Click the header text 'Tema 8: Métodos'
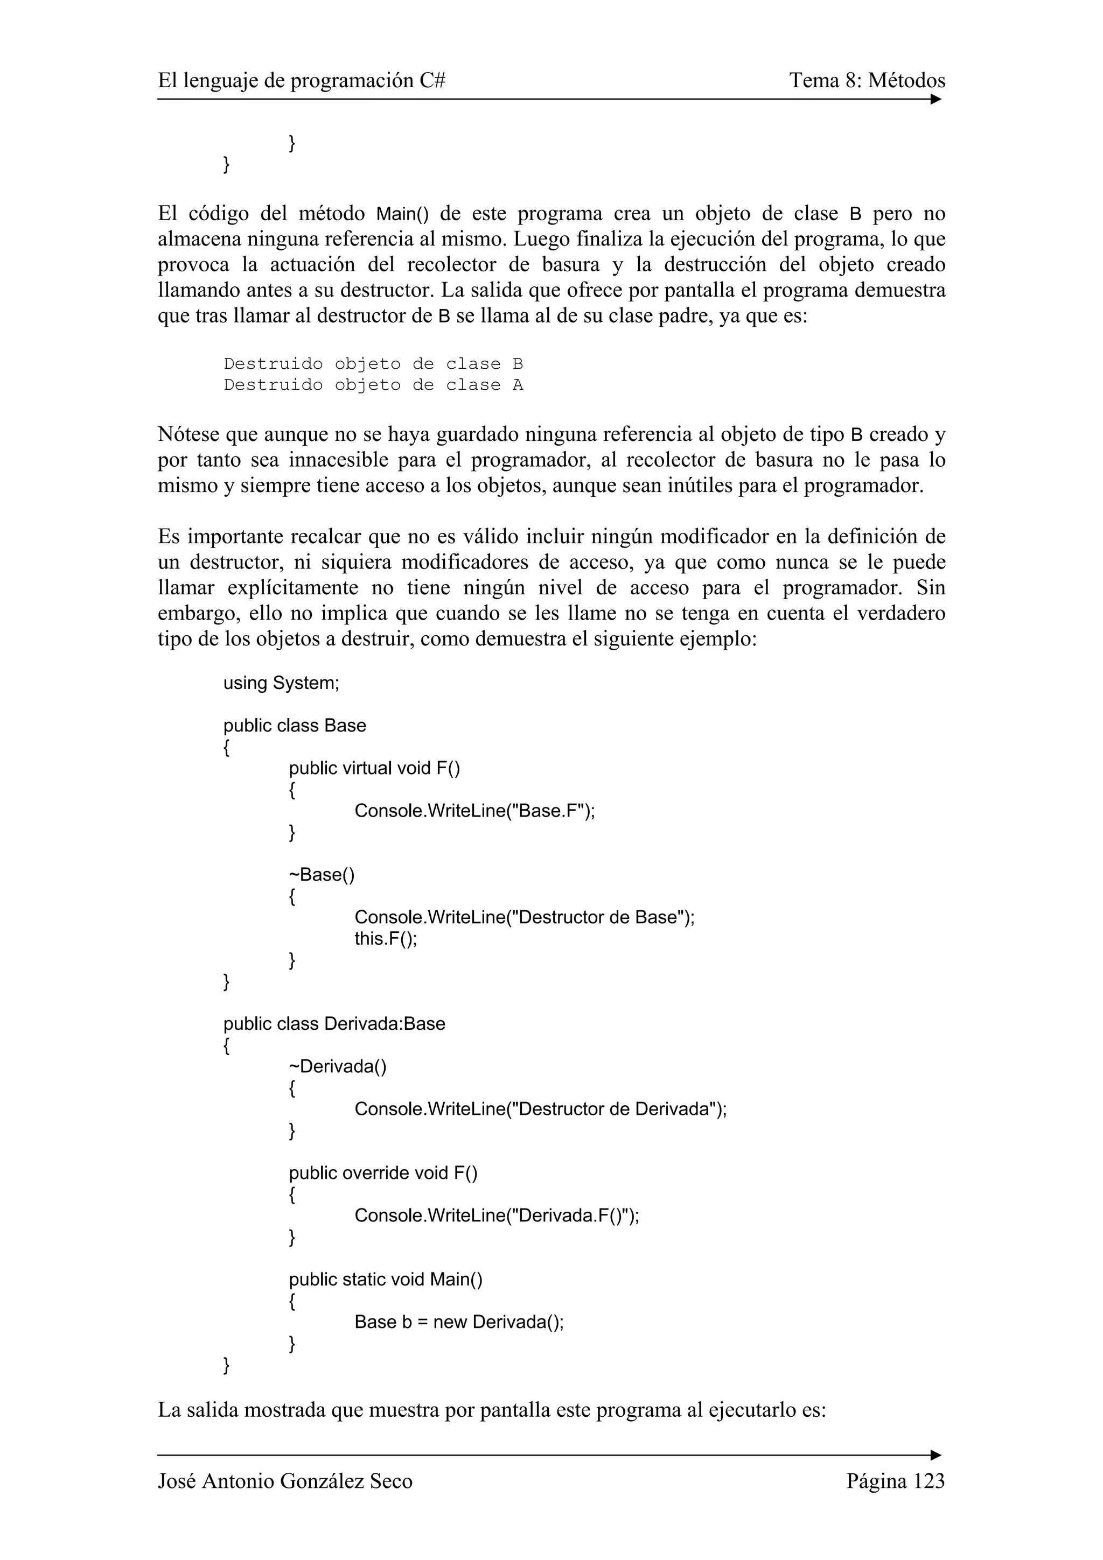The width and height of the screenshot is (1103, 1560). [x=867, y=81]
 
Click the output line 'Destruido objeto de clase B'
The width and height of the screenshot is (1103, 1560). [x=373, y=364]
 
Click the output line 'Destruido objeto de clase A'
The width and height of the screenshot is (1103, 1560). [x=373, y=385]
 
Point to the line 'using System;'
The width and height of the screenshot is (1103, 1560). [x=281, y=683]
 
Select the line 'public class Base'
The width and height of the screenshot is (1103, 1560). [x=294, y=726]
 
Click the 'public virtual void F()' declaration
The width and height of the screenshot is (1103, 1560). [x=374, y=769]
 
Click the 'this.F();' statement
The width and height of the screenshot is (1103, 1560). [x=385, y=938]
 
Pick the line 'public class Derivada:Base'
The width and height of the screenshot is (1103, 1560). [x=334, y=1024]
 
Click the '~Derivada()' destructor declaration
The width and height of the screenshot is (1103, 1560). [x=337, y=1067]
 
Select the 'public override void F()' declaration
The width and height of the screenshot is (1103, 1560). [x=382, y=1173]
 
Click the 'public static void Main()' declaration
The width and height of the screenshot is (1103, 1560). [x=385, y=1280]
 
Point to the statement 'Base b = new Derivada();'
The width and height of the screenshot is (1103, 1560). [x=459, y=1322]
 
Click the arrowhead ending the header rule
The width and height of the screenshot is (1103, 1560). [x=936, y=99]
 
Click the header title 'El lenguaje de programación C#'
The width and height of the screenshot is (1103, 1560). [x=301, y=81]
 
